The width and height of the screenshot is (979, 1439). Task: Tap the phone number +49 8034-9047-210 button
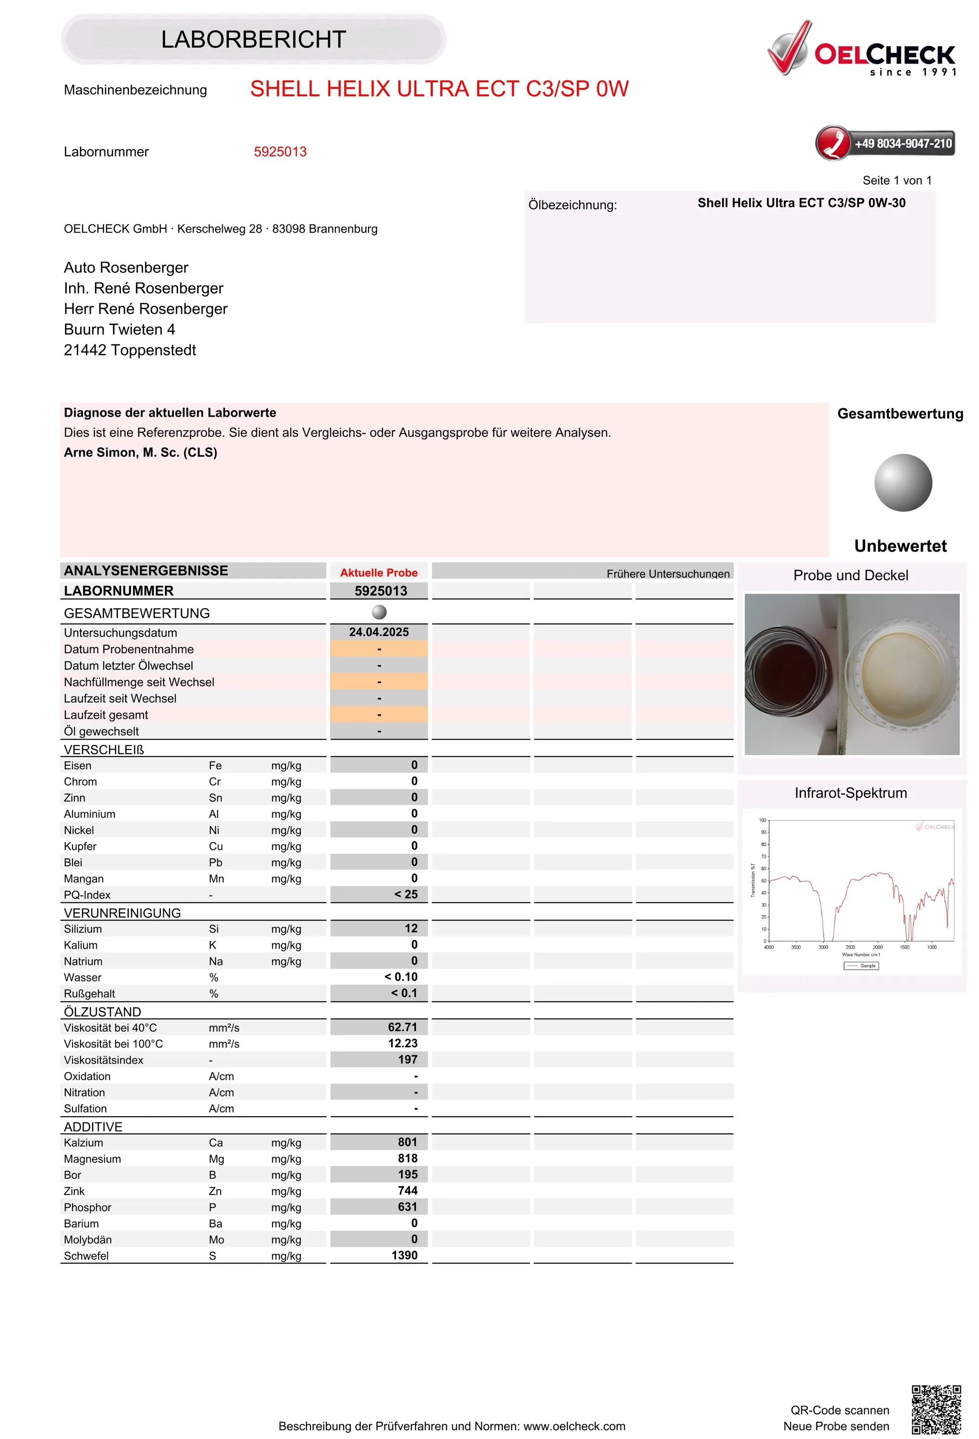(x=885, y=143)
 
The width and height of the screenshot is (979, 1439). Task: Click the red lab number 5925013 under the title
(x=280, y=152)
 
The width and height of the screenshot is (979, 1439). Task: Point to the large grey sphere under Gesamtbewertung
(x=903, y=483)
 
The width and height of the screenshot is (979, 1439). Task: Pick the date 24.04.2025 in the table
(x=379, y=632)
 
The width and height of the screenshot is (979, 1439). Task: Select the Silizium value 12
(x=411, y=928)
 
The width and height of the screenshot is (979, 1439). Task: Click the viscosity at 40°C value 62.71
(x=402, y=1027)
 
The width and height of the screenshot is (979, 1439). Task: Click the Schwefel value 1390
(x=404, y=1255)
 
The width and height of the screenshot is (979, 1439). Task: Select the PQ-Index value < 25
(x=406, y=894)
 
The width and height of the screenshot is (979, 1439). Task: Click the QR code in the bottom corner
(x=936, y=1409)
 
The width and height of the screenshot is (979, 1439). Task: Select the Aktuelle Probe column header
(x=379, y=573)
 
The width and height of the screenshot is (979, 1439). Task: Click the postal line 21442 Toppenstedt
(x=130, y=351)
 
